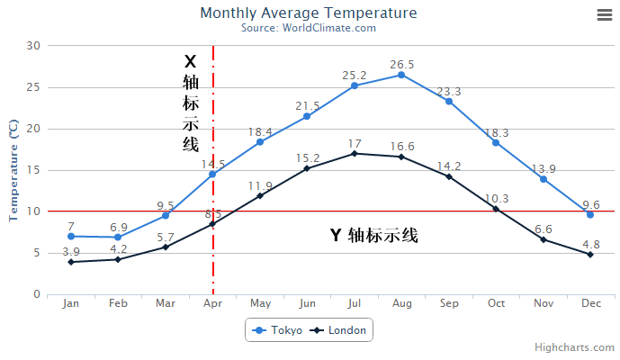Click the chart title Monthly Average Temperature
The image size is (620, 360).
pos(308,13)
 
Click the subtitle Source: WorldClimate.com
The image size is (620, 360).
pos(308,28)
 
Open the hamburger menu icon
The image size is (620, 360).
pos(604,14)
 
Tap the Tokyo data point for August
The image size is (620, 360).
pos(401,75)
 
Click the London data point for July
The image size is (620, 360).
pos(355,153)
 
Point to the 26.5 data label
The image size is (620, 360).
pos(402,65)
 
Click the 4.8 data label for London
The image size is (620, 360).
pos(590,244)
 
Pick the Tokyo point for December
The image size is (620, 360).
pos(590,214)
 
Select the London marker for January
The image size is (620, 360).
pos(70,262)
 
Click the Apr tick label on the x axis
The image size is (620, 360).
pos(212,304)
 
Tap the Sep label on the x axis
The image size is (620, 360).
pos(449,304)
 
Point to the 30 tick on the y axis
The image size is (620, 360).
pos(33,46)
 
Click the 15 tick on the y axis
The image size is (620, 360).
pos(33,170)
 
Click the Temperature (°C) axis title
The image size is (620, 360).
pos(13,170)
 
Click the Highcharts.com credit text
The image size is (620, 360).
pos(573,347)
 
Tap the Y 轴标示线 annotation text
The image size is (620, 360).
pos(373,236)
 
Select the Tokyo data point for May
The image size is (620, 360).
pos(260,142)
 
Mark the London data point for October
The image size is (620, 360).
pos(496,209)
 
